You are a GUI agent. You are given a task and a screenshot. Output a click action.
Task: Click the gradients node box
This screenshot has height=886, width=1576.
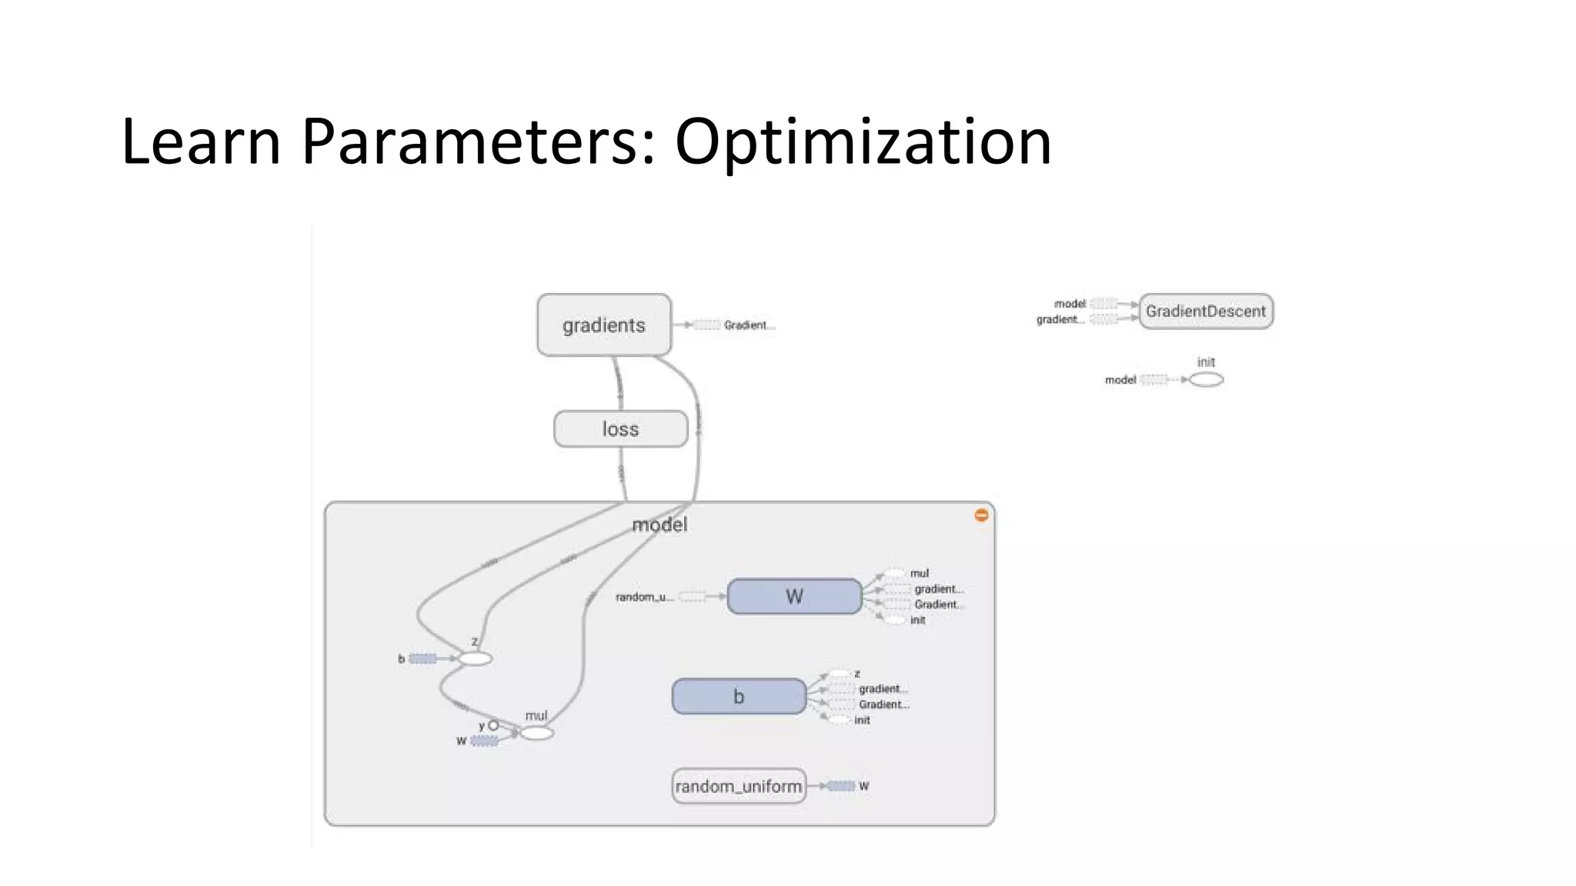click(604, 325)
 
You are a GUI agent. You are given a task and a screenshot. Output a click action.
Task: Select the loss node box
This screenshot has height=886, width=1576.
click(620, 429)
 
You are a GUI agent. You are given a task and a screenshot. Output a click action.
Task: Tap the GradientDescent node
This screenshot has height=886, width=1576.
click(1205, 311)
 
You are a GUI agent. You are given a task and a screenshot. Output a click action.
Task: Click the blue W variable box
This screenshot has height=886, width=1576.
click(794, 597)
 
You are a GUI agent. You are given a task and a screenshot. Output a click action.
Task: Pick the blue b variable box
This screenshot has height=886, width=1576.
click(739, 697)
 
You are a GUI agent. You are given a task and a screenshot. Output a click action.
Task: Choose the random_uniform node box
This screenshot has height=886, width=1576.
click(739, 786)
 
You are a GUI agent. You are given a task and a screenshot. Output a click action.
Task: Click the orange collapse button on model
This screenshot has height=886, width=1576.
click(981, 515)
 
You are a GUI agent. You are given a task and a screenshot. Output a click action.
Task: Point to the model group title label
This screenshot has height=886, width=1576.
click(659, 525)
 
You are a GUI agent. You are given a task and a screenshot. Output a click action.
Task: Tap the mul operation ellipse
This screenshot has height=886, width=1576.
click(536, 734)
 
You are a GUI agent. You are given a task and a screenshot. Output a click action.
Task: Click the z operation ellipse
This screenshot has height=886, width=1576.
click(475, 659)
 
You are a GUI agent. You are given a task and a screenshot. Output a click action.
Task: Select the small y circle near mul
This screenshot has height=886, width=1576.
click(493, 725)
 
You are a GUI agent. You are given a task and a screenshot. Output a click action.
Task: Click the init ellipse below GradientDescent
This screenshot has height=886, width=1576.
click(1206, 380)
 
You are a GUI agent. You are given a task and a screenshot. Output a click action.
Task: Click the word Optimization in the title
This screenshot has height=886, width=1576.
click(863, 142)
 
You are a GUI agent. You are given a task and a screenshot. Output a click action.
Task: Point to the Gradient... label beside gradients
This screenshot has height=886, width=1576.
click(748, 325)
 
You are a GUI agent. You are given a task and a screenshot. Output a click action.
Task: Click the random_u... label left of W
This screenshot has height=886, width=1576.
click(644, 597)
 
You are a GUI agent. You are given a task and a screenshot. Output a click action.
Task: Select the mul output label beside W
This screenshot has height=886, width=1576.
click(919, 574)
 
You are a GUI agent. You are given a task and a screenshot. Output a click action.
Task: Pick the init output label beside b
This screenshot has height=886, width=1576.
click(862, 721)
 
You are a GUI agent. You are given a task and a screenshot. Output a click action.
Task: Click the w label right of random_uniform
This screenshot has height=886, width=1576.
click(863, 786)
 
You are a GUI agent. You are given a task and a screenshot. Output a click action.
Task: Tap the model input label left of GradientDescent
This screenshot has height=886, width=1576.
click(1070, 304)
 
